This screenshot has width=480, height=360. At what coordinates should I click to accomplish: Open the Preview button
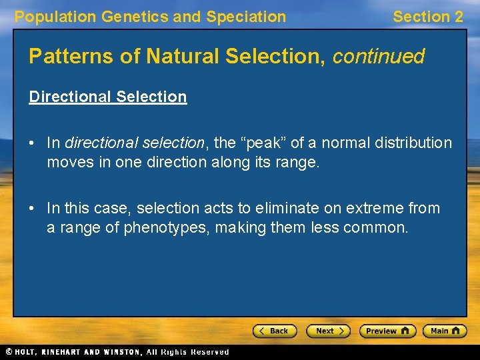387,331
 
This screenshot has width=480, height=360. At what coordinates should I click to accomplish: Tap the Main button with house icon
446,331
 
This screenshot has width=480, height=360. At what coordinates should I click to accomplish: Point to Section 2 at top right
427,17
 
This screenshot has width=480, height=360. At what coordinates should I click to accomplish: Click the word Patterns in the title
61,56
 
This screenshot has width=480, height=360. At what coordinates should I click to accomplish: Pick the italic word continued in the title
379,56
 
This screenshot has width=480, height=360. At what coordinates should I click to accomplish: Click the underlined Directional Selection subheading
107,97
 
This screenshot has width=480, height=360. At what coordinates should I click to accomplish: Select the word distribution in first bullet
413,143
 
